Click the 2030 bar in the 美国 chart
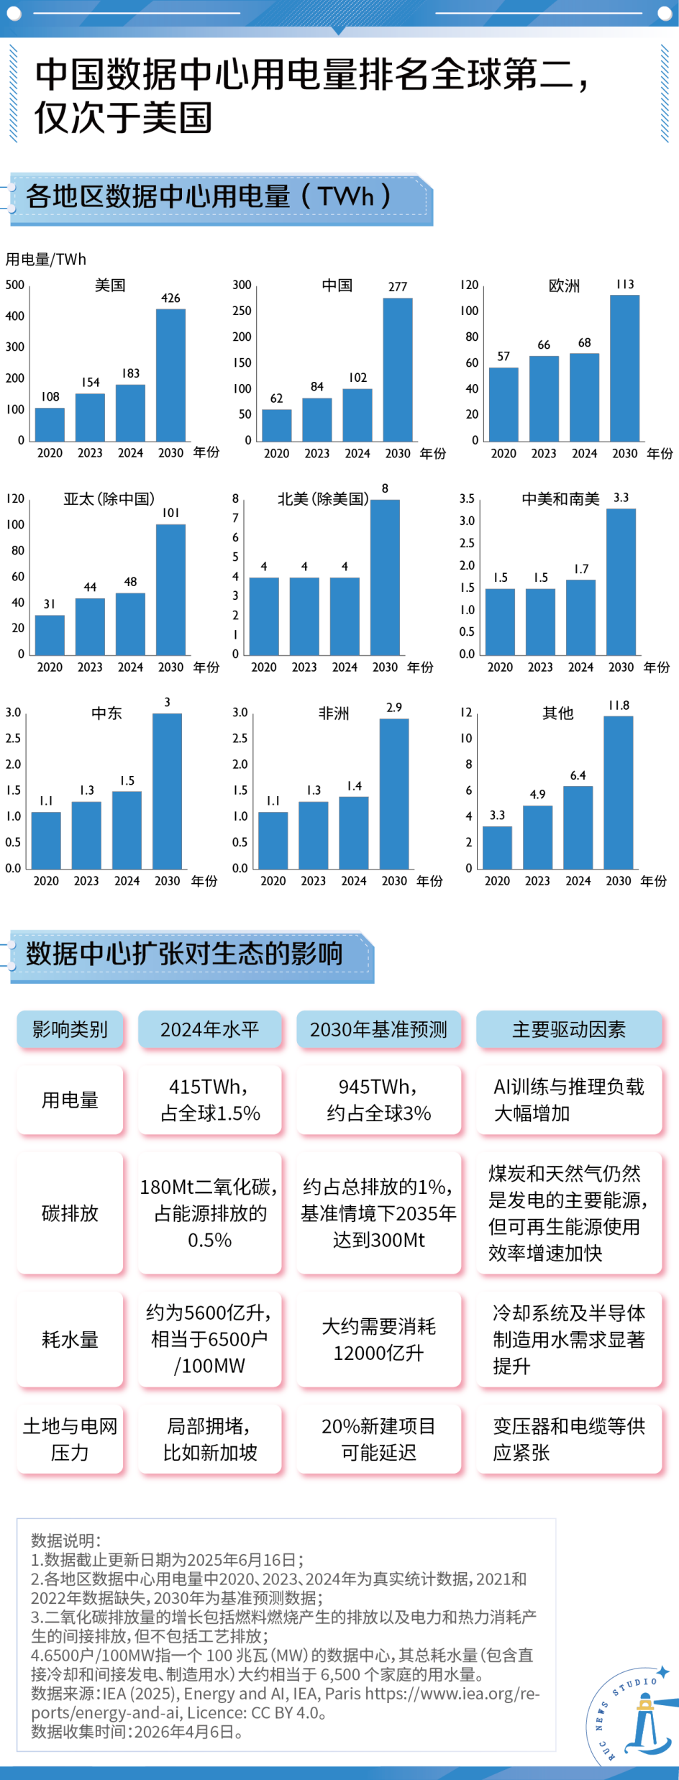pyautogui.click(x=170, y=375)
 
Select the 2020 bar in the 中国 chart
pyautogui.click(x=277, y=425)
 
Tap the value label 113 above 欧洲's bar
pyautogui.click(x=625, y=285)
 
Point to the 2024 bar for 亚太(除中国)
pyautogui.click(x=130, y=624)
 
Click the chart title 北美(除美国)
pyautogui.click(x=323, y=499)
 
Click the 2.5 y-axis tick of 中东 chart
pyautogui.click(x=14, y=739)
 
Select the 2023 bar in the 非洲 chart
pyautogui.click(x=314, y=835)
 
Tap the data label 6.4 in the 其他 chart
pyautogui.click(x=578, y=776)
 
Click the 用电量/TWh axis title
pyautogui.click(x=46, y=260)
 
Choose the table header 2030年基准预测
pyautogui.click(x=378, y=1030)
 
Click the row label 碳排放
pyautogui.click(x=70, y=1213)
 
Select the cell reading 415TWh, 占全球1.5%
pyautogui.click(x=209, y=1100)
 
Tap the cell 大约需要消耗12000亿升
pyautogui.click(x=378, y=1339)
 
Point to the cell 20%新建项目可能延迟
pyautogui.click(x=378, y=1439)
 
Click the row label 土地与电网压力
pyautogui.click(x=70, y=1439)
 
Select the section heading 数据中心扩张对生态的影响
pyautogui.click(x=184, y=954)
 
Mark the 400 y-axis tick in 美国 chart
pyautogui.click(x=15, y=316)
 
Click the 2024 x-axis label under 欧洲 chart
pyautogui.click(x=584, y=454)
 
